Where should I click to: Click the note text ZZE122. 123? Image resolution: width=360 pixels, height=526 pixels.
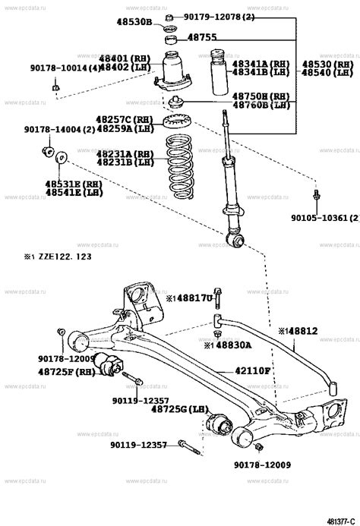click(60, 257)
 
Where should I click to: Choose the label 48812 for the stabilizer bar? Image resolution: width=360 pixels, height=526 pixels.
click(301, 331)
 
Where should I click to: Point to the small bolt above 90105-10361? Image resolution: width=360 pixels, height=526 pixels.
click(316, 197)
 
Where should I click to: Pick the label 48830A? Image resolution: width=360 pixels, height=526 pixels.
click(231, 345)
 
